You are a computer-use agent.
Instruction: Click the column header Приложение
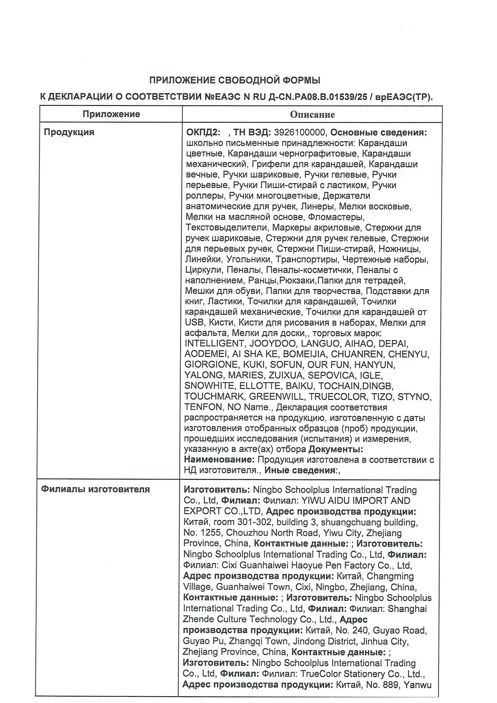tap(111, 114)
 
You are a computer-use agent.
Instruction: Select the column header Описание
tap(312, 115)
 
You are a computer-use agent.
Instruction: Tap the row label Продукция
tap(69, 132)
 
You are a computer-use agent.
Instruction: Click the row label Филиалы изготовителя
tap(95, 489)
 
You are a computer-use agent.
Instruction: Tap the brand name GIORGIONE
tap(211, 365)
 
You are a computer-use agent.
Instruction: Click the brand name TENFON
tap(203, 407)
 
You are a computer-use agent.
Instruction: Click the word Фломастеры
tap(336, 217)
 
